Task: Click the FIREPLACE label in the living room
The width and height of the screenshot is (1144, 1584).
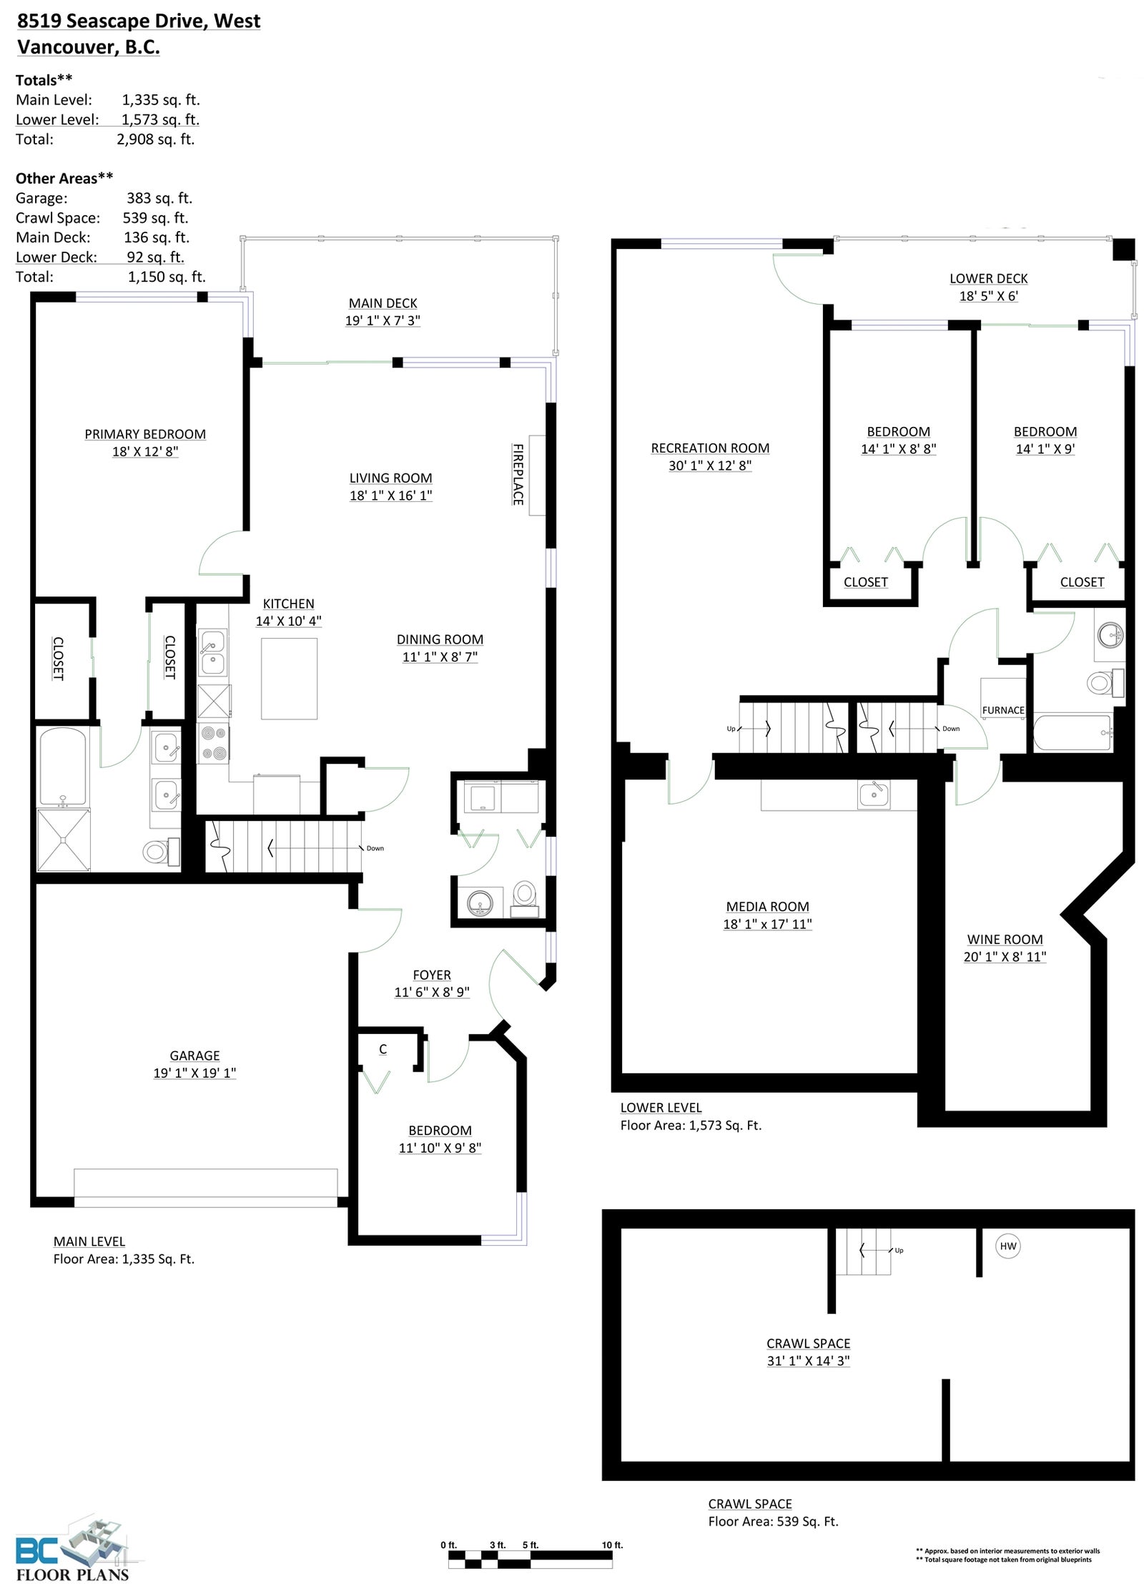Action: point(518,474)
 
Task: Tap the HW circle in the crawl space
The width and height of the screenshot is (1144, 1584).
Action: point(1007,1246)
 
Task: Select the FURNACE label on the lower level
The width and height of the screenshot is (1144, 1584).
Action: point(1003,710)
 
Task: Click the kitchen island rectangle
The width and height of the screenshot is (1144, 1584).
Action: point(289,679)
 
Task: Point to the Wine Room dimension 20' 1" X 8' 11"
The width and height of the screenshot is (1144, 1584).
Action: point(1005,957)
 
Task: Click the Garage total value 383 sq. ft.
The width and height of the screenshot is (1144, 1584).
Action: point(159,198)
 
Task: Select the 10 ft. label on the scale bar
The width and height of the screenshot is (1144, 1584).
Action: point(612,1545)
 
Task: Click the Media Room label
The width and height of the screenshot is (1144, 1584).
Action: point(767,906)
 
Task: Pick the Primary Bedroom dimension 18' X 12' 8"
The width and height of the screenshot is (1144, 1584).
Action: point(145,451)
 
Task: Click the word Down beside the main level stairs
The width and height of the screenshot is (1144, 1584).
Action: point(375,848)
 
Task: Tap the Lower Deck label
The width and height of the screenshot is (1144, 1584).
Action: point(988,278)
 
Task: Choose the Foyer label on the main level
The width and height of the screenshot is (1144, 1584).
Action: point(432,975)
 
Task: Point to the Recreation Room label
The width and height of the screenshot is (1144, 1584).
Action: point(710,448)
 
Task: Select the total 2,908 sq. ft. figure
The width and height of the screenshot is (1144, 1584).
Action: point(156,139)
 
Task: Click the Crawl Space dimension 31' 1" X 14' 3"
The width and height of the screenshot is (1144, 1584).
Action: point(808,1361)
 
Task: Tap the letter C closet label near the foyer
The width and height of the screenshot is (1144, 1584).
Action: point(383,1049)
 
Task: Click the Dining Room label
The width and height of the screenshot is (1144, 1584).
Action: point(440,639)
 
